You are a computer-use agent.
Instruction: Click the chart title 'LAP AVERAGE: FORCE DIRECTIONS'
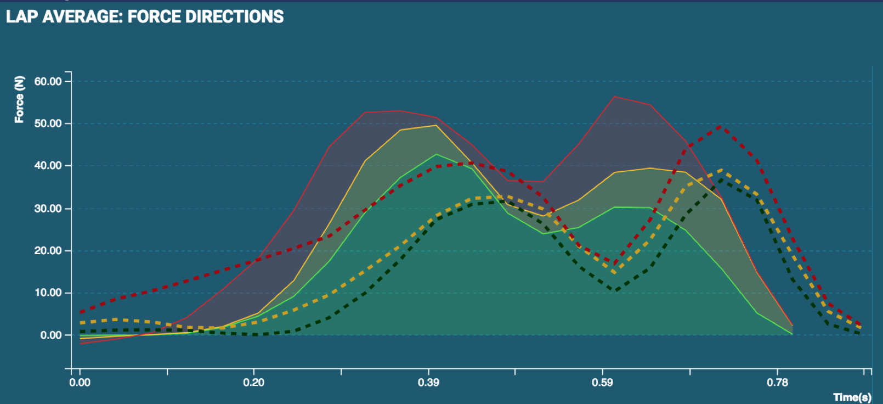(x=145, y=16)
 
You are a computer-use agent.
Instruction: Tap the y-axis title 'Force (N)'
(x=19, y=99)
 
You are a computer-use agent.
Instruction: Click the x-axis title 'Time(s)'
(x=852, y=397)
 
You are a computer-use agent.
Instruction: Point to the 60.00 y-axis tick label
(x=48, y=81)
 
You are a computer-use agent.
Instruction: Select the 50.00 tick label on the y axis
(x=48, y=124)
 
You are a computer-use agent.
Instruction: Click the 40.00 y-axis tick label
(x=48, y=165)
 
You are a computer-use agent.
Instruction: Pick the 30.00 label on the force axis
(x=48, y=209)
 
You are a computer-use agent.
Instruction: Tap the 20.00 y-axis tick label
(x=48, y=250)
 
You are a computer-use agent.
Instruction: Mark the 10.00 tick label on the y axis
(x=48, y=293)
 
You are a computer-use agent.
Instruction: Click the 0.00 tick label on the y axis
(x=50, y=335)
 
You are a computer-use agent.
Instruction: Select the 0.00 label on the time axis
(x=80, y=382)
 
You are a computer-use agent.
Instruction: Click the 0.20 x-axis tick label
(x=253, y=382)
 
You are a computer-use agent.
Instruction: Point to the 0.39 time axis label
(x=428, y=382)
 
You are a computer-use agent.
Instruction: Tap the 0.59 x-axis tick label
(x=602, y=382)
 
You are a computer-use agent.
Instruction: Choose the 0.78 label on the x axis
(x=777, y=382)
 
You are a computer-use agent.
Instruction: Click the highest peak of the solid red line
(x=615, y=97)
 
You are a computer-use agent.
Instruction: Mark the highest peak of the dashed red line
(x=720, y=126)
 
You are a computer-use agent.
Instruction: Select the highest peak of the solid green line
(x=437, y=154)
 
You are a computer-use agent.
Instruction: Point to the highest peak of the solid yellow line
(x=436, y=125)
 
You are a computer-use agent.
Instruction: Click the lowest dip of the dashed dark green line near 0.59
(x=616, y=290)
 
